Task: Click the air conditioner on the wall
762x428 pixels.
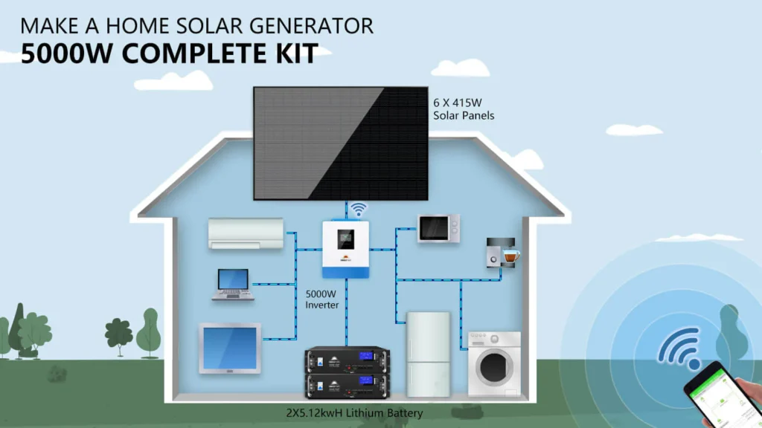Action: pos(246,233)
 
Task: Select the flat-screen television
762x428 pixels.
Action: pos(230,347)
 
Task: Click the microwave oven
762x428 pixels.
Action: pos(438,228)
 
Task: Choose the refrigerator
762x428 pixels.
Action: pos(428,354)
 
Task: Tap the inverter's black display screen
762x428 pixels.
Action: pos(345,240)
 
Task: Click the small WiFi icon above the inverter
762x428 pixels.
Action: pos(359,209)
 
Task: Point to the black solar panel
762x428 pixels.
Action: pos(340,143)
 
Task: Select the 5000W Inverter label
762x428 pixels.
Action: pos(323,299)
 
